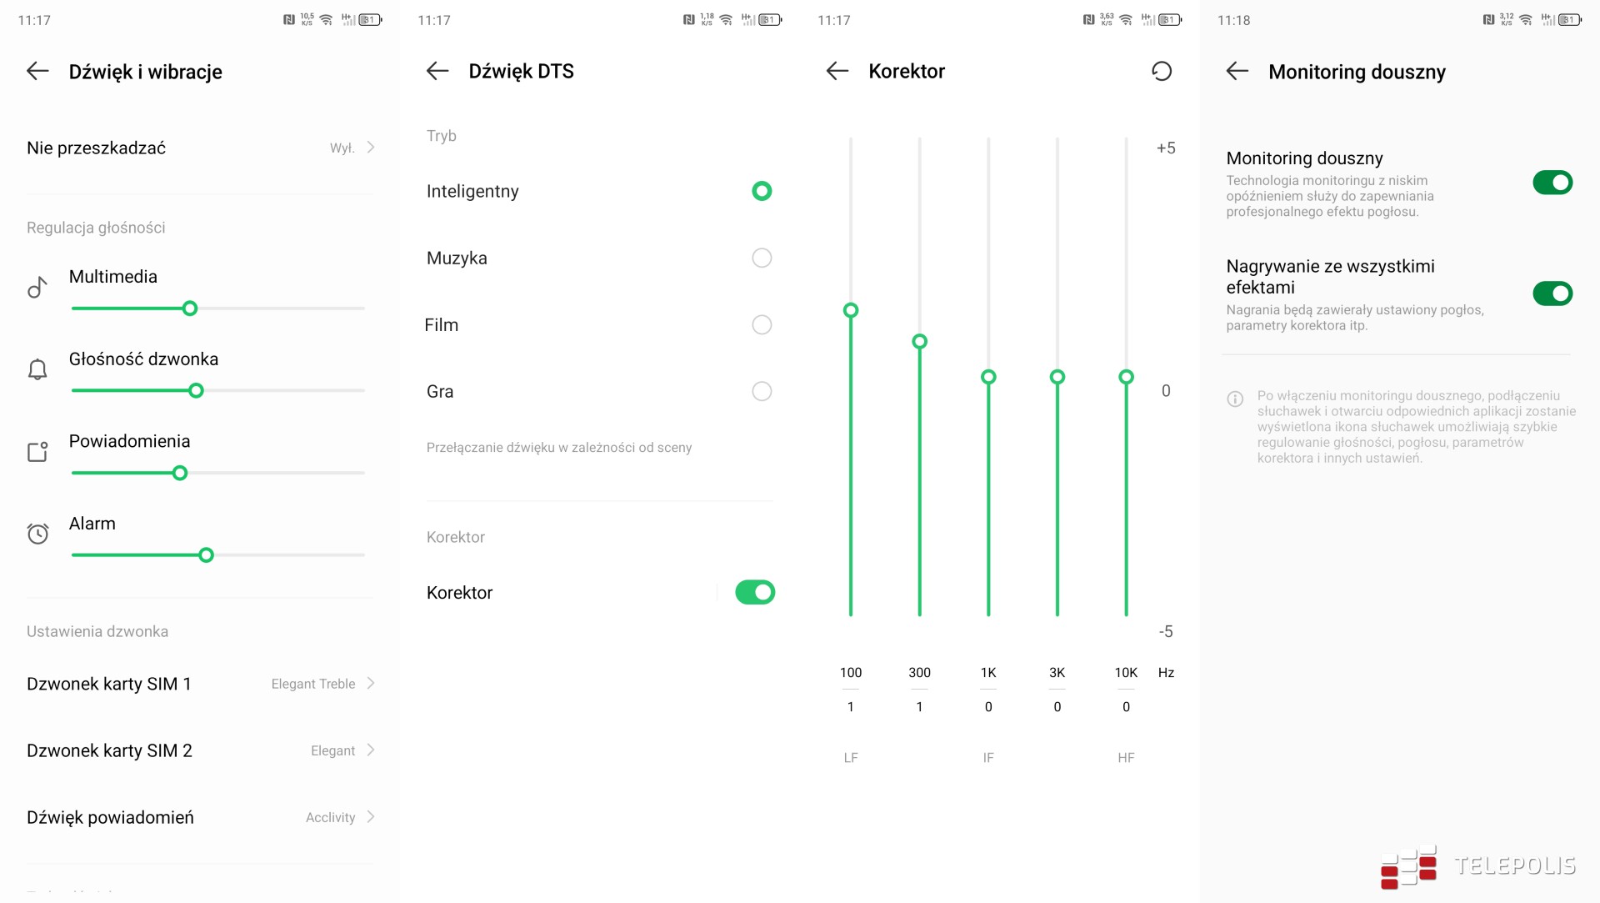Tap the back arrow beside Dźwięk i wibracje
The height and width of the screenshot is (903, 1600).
(x=37, y=71)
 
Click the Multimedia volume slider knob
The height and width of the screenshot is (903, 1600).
(x=190, y=309)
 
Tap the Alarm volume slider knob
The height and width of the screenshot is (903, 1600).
(x=206, y=555)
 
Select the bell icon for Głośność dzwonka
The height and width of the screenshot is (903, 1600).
(x=37, y=369)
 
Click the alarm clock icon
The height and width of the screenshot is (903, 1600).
(x=37, y=534)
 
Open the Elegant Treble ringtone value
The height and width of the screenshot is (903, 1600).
(x=313, y=684)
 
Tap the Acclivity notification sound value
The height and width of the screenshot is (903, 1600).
(x=330, y=817)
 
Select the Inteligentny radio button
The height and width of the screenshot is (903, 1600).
(x=762, y=191)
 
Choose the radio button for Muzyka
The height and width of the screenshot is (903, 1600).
(x=762, y=258)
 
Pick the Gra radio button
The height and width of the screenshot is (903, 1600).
(x=762, y=391)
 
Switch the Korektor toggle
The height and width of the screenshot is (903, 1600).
(x=755, y=592)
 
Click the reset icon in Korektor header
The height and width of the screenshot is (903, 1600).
(x=1162, y=71)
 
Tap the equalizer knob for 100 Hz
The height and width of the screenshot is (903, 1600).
(x=851, y=310)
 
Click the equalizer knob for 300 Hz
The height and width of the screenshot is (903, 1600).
(x=919, y=341)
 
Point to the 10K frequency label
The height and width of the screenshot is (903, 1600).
(x=1126, y=673)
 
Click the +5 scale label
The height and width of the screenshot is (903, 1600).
(x=1166, y=148)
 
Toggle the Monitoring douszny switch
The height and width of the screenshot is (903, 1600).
(x=1552, y=183)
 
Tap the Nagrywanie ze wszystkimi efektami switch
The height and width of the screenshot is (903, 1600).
(x=1552, y=293)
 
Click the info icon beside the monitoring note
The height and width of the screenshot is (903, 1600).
(x=1235, y=399)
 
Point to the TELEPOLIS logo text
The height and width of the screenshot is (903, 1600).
(x=1515, y=865)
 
